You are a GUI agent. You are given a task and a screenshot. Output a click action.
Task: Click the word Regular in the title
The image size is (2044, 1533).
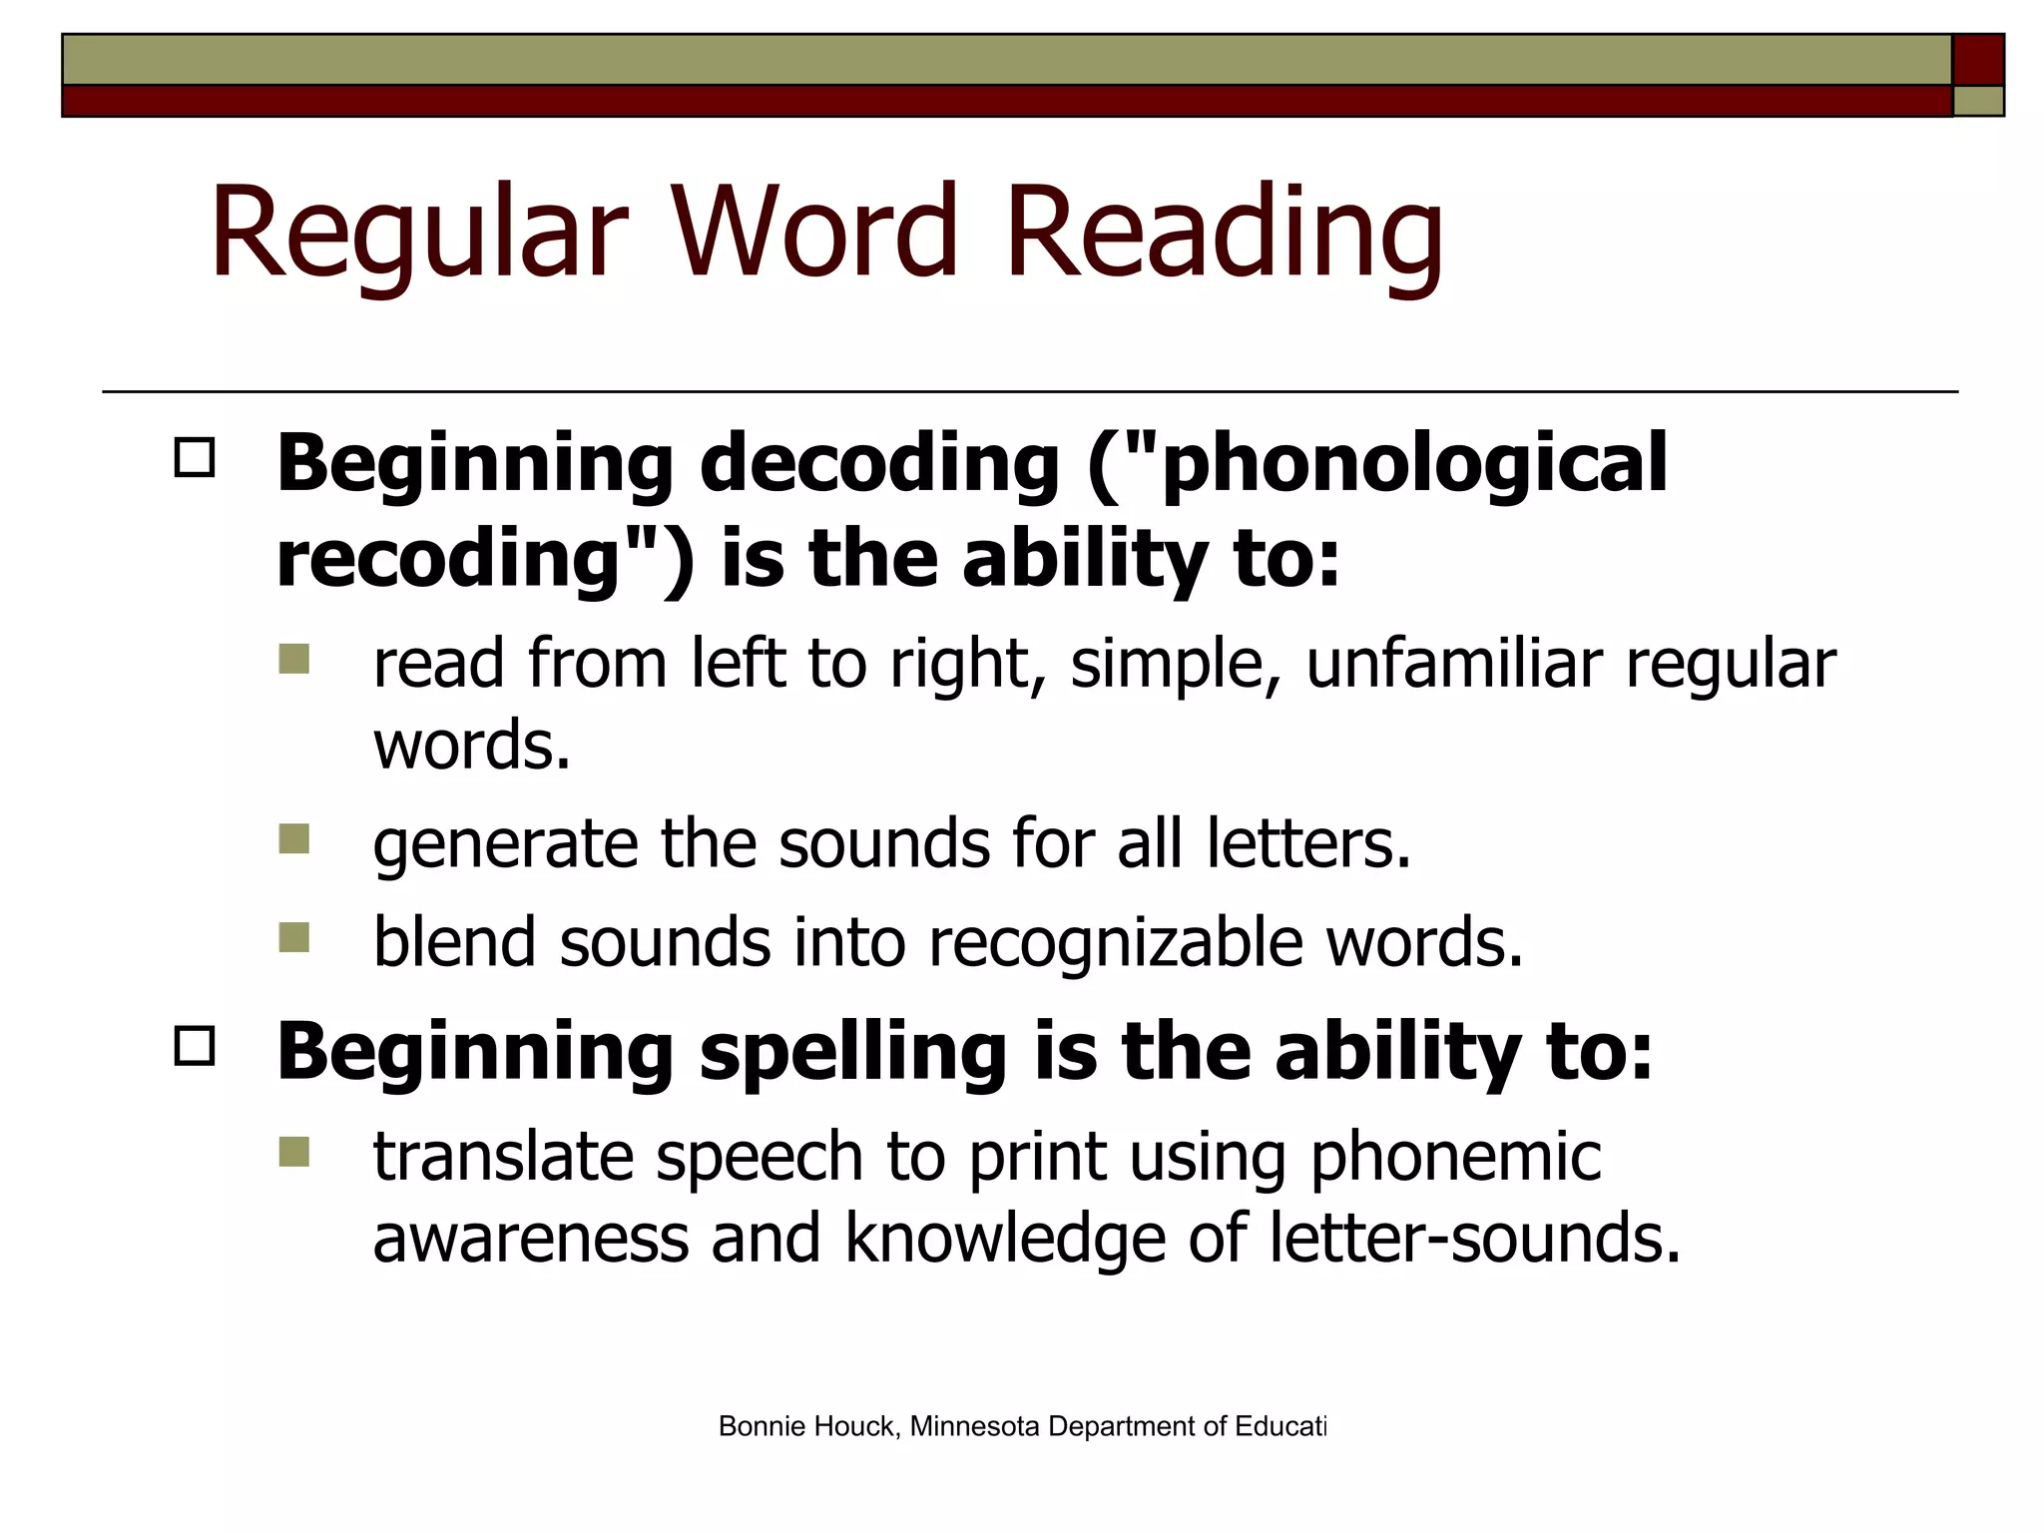[x=419, y=232]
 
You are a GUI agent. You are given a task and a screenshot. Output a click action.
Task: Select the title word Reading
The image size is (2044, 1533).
[x=1225, y=232]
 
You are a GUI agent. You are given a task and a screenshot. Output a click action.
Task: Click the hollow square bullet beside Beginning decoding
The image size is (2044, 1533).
[x=194, y=458]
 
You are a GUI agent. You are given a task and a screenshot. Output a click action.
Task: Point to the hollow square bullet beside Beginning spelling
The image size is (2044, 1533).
[x=194, y=1047]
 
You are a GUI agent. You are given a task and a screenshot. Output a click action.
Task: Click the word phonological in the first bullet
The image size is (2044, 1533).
[x=1415, y=463]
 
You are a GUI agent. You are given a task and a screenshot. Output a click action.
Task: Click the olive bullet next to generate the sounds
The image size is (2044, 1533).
[x=294, y=838]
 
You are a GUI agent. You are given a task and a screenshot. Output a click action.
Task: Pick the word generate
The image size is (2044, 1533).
[x=505, y=844]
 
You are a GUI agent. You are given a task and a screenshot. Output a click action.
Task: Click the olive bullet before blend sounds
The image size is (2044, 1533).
[x=294, y=937]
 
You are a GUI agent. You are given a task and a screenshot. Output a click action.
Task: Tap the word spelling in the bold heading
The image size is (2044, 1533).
[x=853, y=1053]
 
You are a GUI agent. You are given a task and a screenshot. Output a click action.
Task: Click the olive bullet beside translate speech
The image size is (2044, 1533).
[x=294, y=1152]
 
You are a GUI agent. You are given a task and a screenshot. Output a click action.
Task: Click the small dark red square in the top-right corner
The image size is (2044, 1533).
[x=1978, y=60]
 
